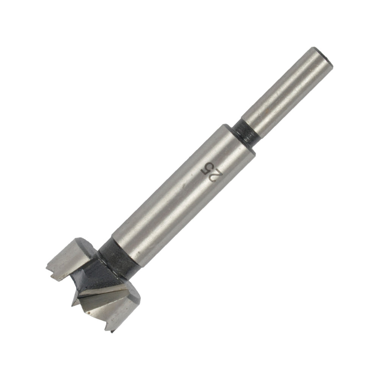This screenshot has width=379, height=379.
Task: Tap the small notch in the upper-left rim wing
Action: point(52,270)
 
